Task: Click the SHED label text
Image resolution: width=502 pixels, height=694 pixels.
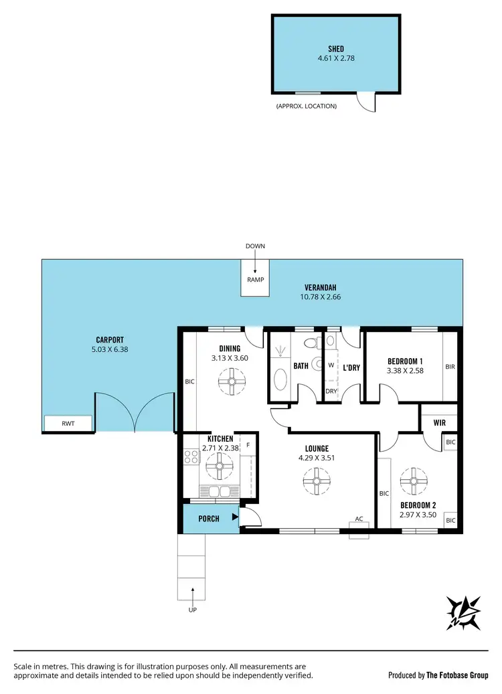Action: (x=336, y=48)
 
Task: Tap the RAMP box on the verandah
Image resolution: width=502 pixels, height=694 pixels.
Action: (x=255, y=280)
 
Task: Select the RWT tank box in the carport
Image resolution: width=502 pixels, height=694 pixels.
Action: (x=68, y=424)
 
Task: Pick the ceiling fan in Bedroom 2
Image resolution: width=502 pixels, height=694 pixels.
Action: (x=412, y=479)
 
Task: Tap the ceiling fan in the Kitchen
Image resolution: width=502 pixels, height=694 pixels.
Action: (x=218, y=466)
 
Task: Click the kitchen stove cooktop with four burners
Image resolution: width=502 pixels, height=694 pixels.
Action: (x=190, y=458)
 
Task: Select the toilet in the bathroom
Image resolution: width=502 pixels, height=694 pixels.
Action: (x=310, y=344)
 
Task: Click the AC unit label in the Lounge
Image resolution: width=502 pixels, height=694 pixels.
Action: (x=359, y=519)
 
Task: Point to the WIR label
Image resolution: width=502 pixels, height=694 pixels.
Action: (x=440, y=423)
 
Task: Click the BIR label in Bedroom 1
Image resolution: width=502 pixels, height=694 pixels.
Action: (x=450, y=367)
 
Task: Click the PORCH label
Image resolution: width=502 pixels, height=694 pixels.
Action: (x=210, y=518)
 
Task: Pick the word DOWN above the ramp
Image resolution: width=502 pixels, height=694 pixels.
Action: (x=255, y=246)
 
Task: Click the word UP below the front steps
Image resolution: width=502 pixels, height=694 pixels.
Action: (x=193, y=610)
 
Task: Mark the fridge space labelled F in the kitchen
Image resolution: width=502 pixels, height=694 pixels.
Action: (x=248, y=444)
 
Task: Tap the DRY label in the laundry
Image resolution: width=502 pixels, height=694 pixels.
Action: (x=331, y=391)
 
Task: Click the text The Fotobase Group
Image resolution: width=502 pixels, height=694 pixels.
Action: (x=458, y=675)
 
